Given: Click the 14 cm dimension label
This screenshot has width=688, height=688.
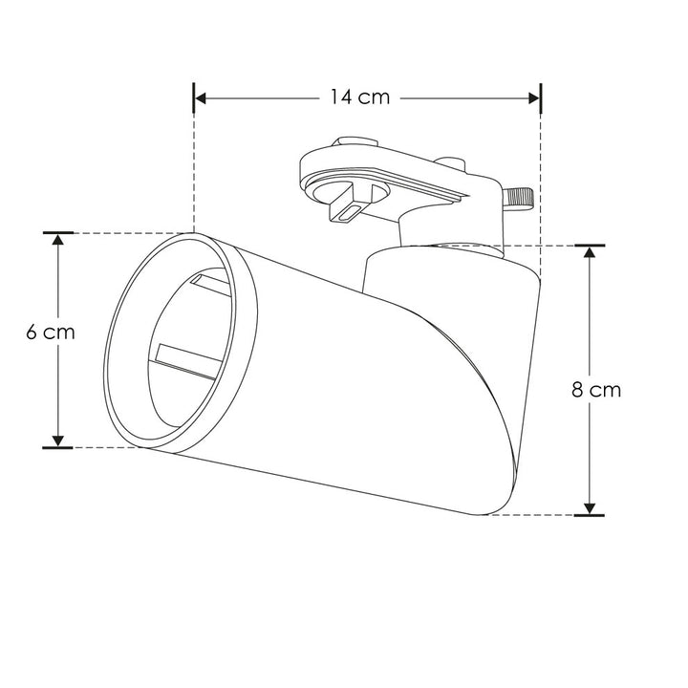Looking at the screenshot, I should click(360, 97).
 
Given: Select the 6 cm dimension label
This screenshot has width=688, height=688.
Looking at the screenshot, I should click(51, 333).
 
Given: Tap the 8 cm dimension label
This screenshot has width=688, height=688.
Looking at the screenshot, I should click(595, 389).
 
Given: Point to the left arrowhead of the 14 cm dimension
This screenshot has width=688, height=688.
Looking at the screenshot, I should click(203, 97).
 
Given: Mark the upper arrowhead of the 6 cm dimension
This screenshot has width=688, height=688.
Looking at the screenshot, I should click(58, 241).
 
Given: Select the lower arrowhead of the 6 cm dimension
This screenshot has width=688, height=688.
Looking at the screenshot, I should click(58, 439).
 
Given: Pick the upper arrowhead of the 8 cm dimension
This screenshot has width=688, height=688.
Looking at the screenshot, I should click(590, 254).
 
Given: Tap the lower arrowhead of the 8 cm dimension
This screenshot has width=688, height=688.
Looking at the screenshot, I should click(590, 506).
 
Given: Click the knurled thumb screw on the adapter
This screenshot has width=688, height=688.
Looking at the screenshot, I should click(518, 198).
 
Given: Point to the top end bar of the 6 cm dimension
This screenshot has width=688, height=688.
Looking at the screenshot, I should click(58, 232).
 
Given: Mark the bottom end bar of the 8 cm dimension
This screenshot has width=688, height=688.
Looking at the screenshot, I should click(590, 515).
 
